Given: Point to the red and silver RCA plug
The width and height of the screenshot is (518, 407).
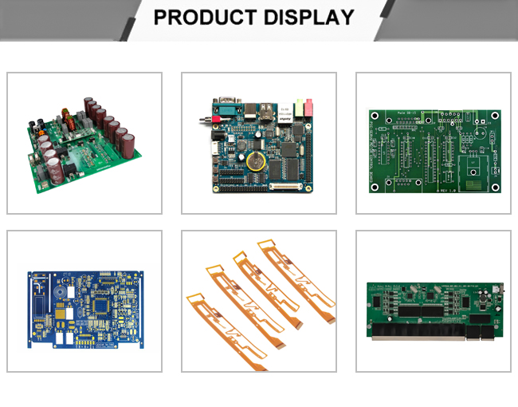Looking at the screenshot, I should tap(205, 120).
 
